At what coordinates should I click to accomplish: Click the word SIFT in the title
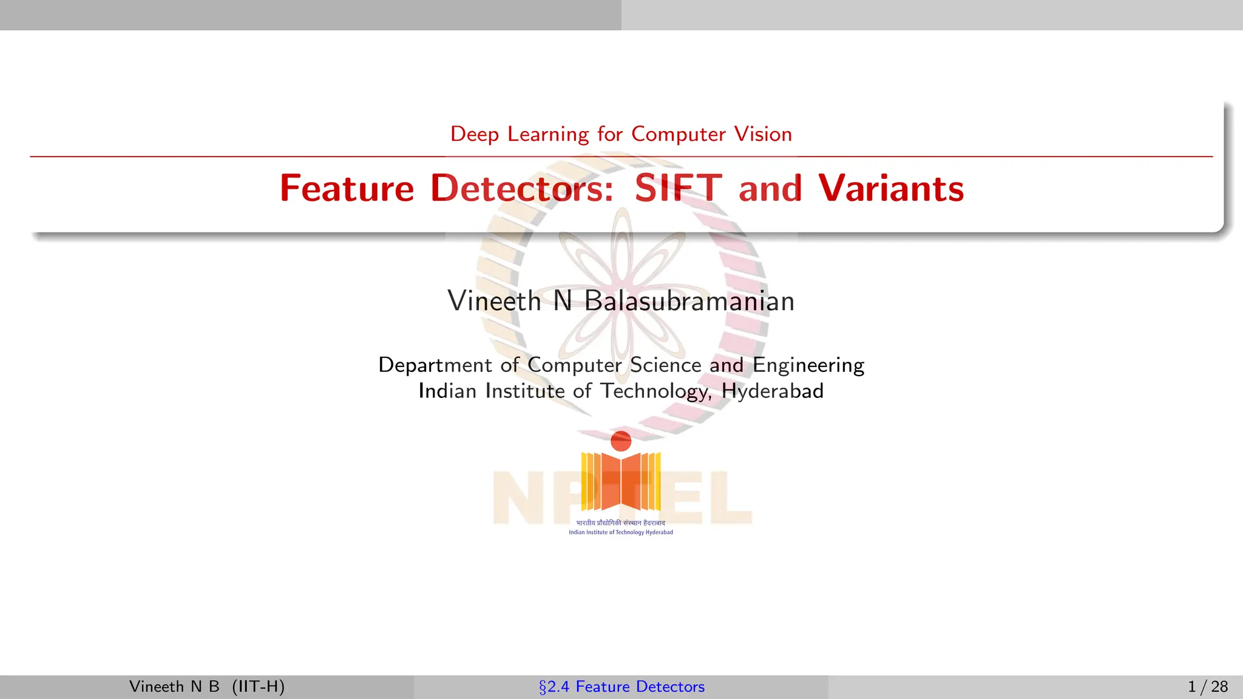click(678, 188)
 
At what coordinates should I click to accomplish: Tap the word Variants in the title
click(891, 188)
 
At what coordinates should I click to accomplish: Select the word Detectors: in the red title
click(522, 188)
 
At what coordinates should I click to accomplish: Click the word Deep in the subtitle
click(475, 134)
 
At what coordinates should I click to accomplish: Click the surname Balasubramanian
click(689, 301)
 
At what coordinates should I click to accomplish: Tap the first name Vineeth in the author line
click(494, 301)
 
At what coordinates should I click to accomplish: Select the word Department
click(435, 365)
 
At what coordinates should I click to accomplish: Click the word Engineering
click(808, 365)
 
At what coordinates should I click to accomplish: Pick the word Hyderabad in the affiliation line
click(773, 391)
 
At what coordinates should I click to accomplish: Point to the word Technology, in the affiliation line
click(656, 391)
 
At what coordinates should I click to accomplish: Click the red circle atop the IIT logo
click(621, 441)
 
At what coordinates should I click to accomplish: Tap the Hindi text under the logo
click(621, 523)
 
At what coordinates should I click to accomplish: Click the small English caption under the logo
click(621, 533)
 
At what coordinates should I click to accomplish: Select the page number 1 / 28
click(1208, 687)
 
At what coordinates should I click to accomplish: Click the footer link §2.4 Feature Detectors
click(621, 687)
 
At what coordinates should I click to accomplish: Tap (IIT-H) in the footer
click(258, 687)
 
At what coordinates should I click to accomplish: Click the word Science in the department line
click(666, 365)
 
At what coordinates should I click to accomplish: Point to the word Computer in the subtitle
click(679, 134)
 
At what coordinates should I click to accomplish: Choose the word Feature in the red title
click(347, 188)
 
